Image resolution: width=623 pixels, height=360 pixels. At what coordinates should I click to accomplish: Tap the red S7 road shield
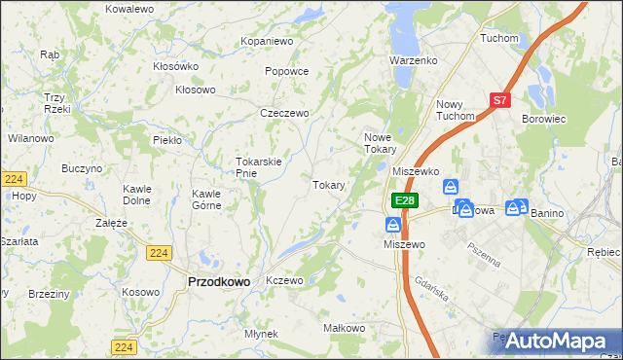499,99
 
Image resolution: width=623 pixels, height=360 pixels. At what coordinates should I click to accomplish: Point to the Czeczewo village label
284,113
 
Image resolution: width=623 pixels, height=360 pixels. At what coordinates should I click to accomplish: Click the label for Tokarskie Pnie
259,167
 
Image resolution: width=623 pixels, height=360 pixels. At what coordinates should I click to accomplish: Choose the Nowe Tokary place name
380,143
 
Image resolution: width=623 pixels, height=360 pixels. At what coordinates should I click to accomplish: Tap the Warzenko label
414,60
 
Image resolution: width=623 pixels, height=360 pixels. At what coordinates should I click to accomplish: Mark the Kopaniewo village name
268,42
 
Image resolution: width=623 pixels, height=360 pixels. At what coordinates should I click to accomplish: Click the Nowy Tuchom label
456,110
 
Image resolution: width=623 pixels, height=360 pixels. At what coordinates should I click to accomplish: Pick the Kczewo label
285,280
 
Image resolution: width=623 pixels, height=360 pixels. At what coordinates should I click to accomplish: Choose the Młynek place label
262,334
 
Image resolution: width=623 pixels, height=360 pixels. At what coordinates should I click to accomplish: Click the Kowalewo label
129,8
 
